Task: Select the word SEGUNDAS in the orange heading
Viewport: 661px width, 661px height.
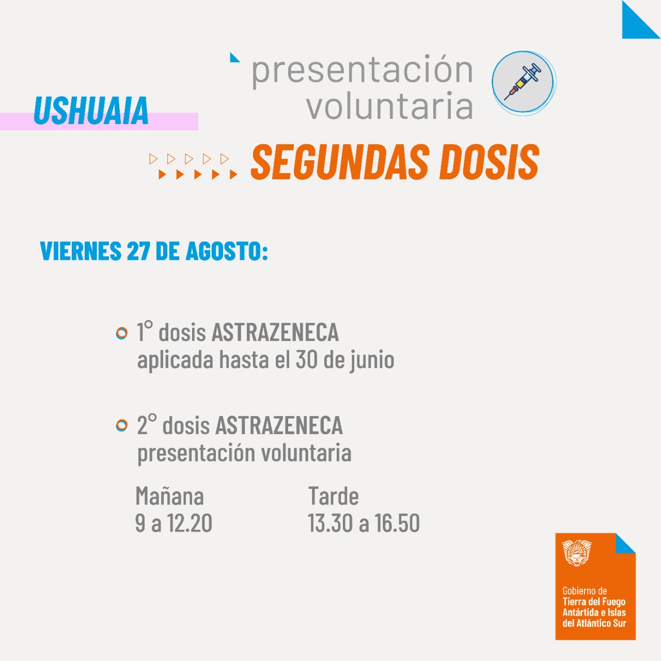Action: [340, 162]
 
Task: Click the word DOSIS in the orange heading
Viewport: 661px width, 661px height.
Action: [489, 162]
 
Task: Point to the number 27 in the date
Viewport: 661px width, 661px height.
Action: [138, 251]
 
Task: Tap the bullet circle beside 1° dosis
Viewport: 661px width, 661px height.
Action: [121, 333]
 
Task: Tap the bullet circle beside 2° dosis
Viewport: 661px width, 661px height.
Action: [121, 425]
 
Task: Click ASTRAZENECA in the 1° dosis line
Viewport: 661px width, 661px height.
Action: [275, 332]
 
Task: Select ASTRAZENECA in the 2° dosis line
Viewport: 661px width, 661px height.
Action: [279, 425]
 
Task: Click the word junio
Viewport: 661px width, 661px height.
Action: [372, 361]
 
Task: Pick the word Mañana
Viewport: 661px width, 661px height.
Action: [169, 496]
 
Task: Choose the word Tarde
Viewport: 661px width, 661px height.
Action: [334, 496]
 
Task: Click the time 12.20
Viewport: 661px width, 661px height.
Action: [190, 523]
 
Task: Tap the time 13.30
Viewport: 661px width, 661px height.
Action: [330, 523]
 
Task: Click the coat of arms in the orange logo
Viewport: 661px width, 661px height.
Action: [577, 552]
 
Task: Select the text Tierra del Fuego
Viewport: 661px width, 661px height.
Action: [594, 601]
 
